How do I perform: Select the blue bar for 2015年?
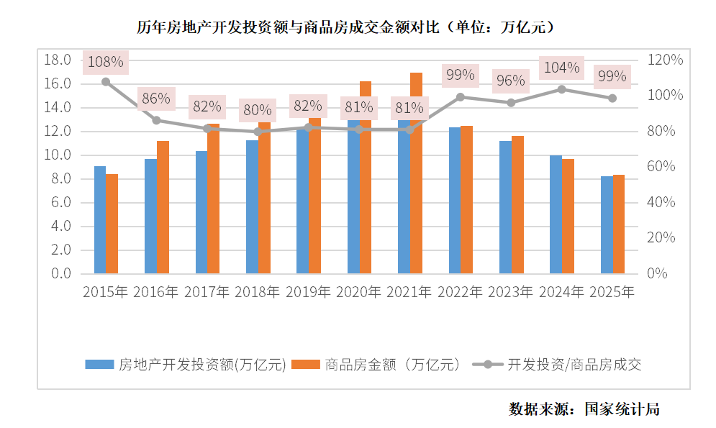[x=100, y=219]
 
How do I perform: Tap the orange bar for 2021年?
[x=416, y=201]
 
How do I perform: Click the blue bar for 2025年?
[x=607, y=224]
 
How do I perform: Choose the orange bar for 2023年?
[x=517, y=205]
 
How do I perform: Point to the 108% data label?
[x=105, y=63]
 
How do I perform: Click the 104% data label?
[x=562, y=68]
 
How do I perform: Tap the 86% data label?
[x=155, y=99]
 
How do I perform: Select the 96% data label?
[x=511, y=81]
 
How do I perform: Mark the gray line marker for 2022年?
[x=461, y=96]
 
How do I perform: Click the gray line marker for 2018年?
[x=258, y=132]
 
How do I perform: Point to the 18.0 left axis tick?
[x=57, y=60]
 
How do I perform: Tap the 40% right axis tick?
[x=661, y=202]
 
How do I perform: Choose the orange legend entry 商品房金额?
[x=392, y=365]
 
